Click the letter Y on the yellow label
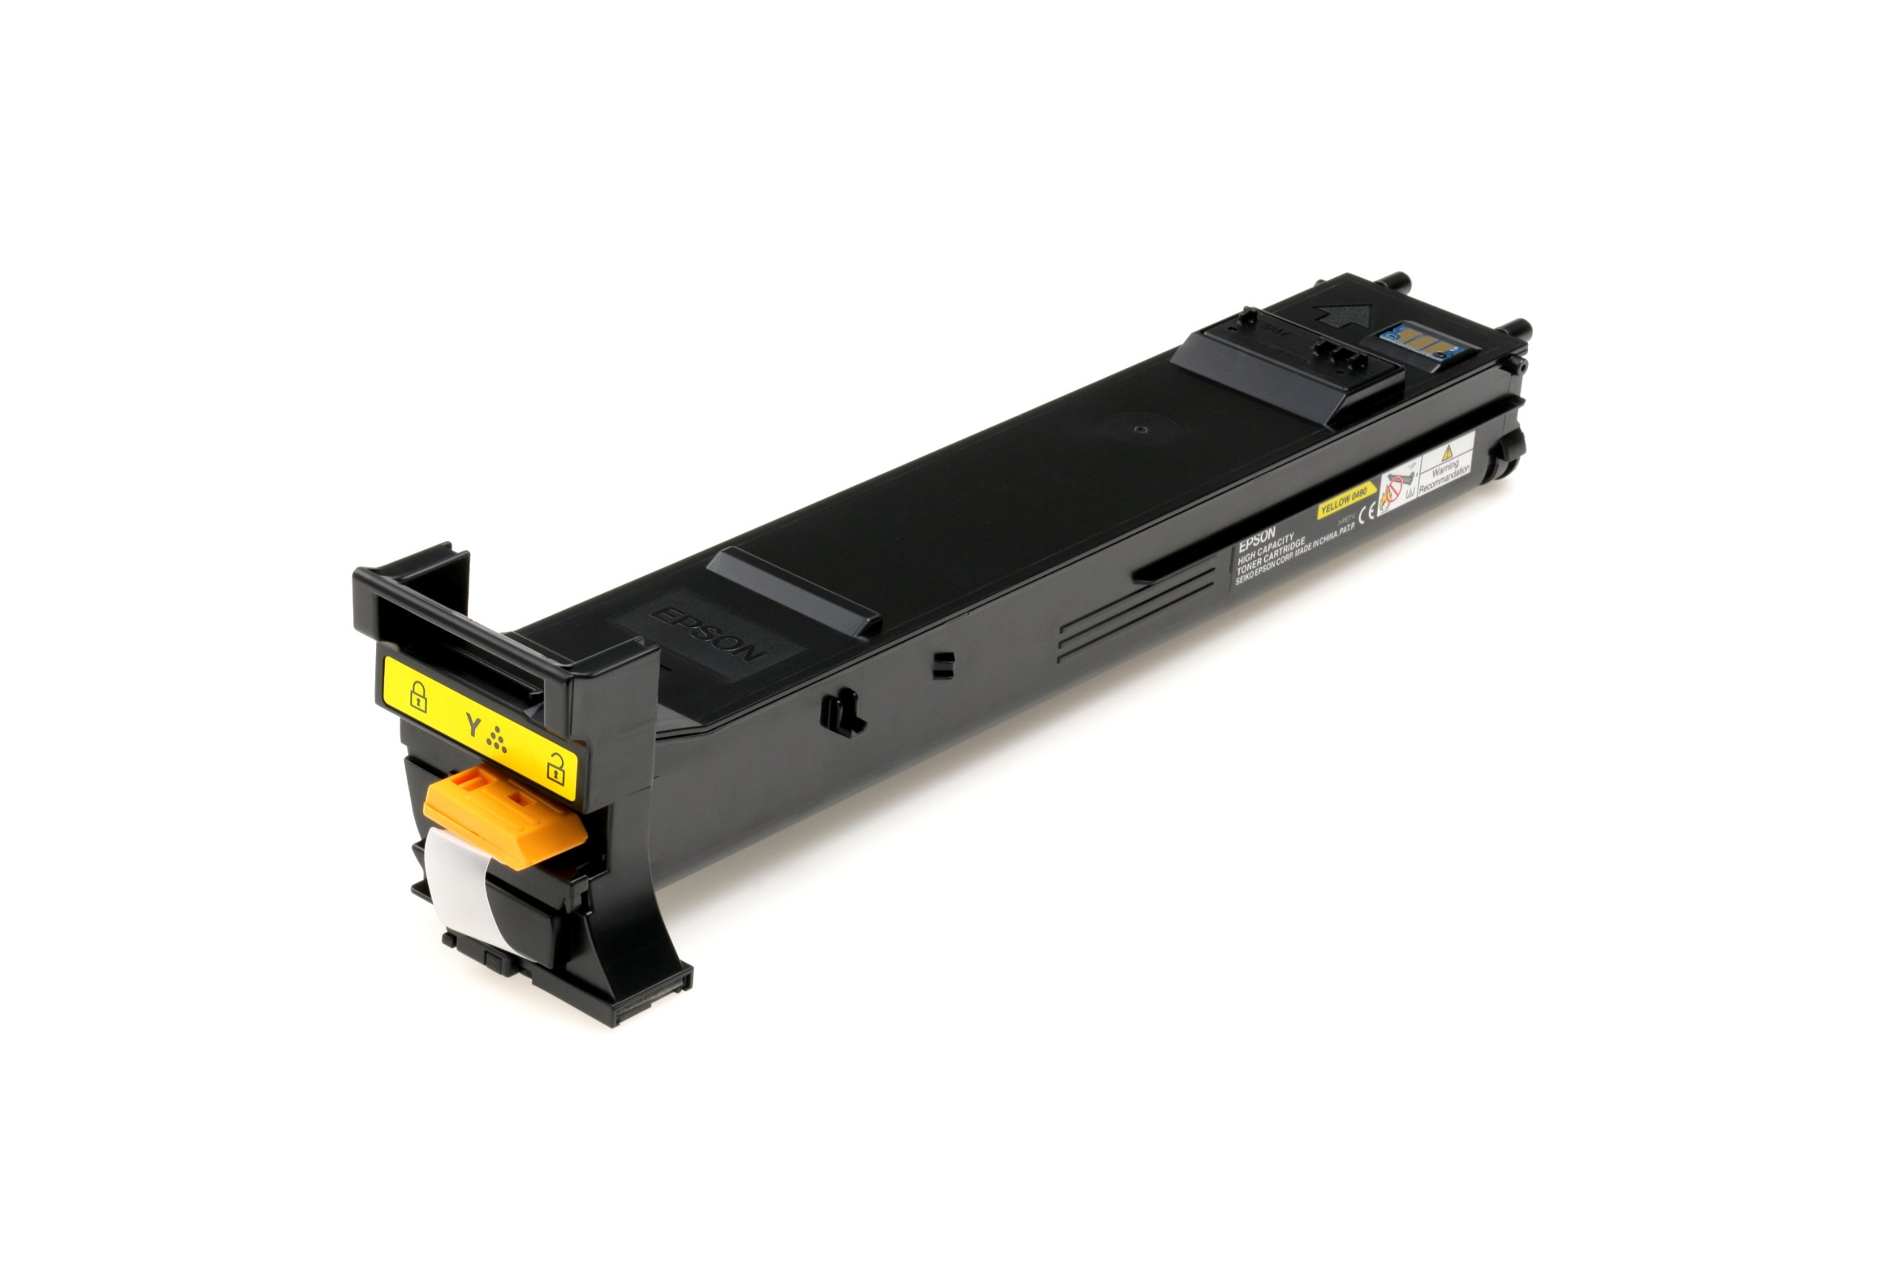point(473,726)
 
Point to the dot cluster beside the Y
point(497,739)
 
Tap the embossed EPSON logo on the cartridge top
point(707,635)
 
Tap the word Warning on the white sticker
point(1446,470)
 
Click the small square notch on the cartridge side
point(942,664)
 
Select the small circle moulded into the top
point(1138,429)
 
